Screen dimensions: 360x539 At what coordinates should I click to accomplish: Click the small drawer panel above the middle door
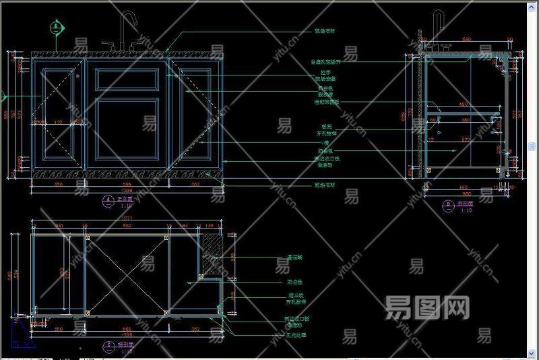pyautogui.click(x=127, y=79)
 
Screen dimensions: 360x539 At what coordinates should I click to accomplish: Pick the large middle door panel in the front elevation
pyautogui.click(x=127, y=131)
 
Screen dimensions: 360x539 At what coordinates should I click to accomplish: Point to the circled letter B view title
pyautogui.click(x=447, y=204)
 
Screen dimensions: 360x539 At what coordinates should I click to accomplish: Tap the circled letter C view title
pyautogui.click(x=108, y=346)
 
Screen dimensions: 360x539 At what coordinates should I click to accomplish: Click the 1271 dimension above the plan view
pyautogui.click(x=126, y=220)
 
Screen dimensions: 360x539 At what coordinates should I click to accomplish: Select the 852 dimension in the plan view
pyautogui.click(x=126, y=227)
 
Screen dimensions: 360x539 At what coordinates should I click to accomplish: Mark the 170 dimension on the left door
pyautogui.click(x=58, y=123)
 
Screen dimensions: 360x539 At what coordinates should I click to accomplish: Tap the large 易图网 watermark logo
pyautogui.click(x=426, y=308)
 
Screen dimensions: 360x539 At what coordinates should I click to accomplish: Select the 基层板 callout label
pyautogui.click(x=295, y=258)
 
